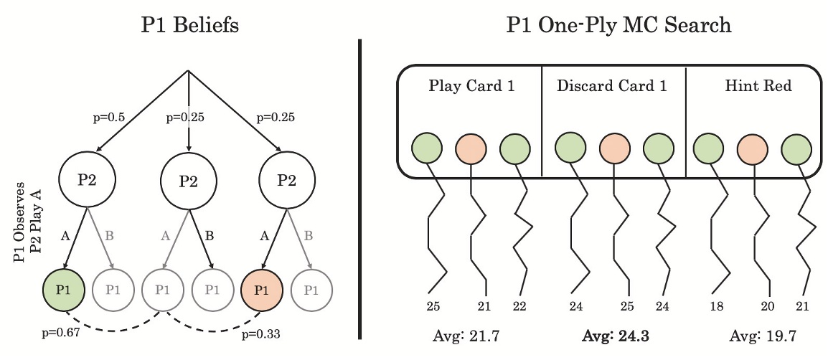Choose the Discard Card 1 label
click(613, 87)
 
